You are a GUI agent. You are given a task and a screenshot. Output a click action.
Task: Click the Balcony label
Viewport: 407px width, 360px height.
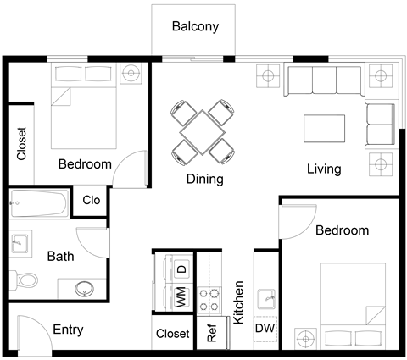click(195, 26)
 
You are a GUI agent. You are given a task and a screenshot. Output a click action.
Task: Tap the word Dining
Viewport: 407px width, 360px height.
click(204, 179)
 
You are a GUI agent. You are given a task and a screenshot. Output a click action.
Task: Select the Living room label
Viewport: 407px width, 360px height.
click(323, 169)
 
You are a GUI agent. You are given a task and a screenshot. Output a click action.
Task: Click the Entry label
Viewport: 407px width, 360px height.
click(68, 330)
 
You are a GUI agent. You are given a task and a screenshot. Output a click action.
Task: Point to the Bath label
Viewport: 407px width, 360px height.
click(60, 255)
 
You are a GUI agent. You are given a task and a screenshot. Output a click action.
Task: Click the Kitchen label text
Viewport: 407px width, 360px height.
click(239, 302)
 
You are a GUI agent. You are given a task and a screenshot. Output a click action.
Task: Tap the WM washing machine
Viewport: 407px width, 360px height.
click(180, 296)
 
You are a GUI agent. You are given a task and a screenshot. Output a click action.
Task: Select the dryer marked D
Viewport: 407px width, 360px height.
click(180, 269)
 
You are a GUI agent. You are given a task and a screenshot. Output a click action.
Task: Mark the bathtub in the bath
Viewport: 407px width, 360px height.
click(41, 204)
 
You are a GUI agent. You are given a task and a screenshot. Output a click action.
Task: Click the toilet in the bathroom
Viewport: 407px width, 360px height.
click(28, 279)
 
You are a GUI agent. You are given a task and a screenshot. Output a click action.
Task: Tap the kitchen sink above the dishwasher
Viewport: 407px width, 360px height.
click(265, 297)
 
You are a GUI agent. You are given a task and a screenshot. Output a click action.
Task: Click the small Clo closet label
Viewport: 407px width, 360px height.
click(92, 202)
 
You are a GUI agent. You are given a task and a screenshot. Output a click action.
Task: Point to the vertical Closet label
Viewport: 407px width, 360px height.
click(22, 144)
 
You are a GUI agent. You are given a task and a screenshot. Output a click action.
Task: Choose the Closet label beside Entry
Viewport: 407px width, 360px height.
click(173, 334)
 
